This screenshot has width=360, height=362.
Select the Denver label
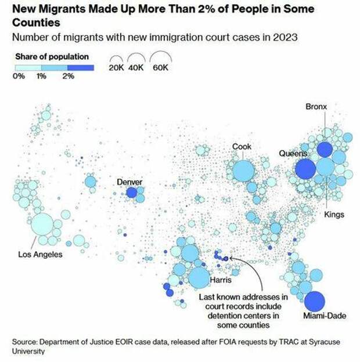(x=129, y=182)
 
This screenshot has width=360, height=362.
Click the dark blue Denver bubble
(x=132, y=193)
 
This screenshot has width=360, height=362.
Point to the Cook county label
(x=242, y=147)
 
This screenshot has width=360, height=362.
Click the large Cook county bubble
(x=243, y=172)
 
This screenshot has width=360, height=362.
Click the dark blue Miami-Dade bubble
(x=315, y=301)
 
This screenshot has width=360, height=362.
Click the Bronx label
(x=316, y=107)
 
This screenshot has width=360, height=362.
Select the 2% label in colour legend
(x=68, y=76)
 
